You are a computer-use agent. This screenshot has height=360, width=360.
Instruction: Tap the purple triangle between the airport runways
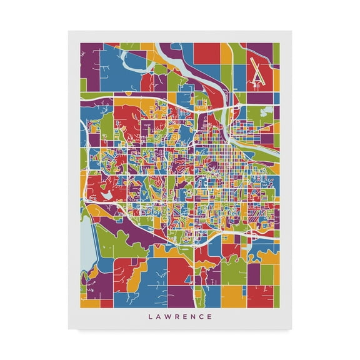(x=257, y=78)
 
